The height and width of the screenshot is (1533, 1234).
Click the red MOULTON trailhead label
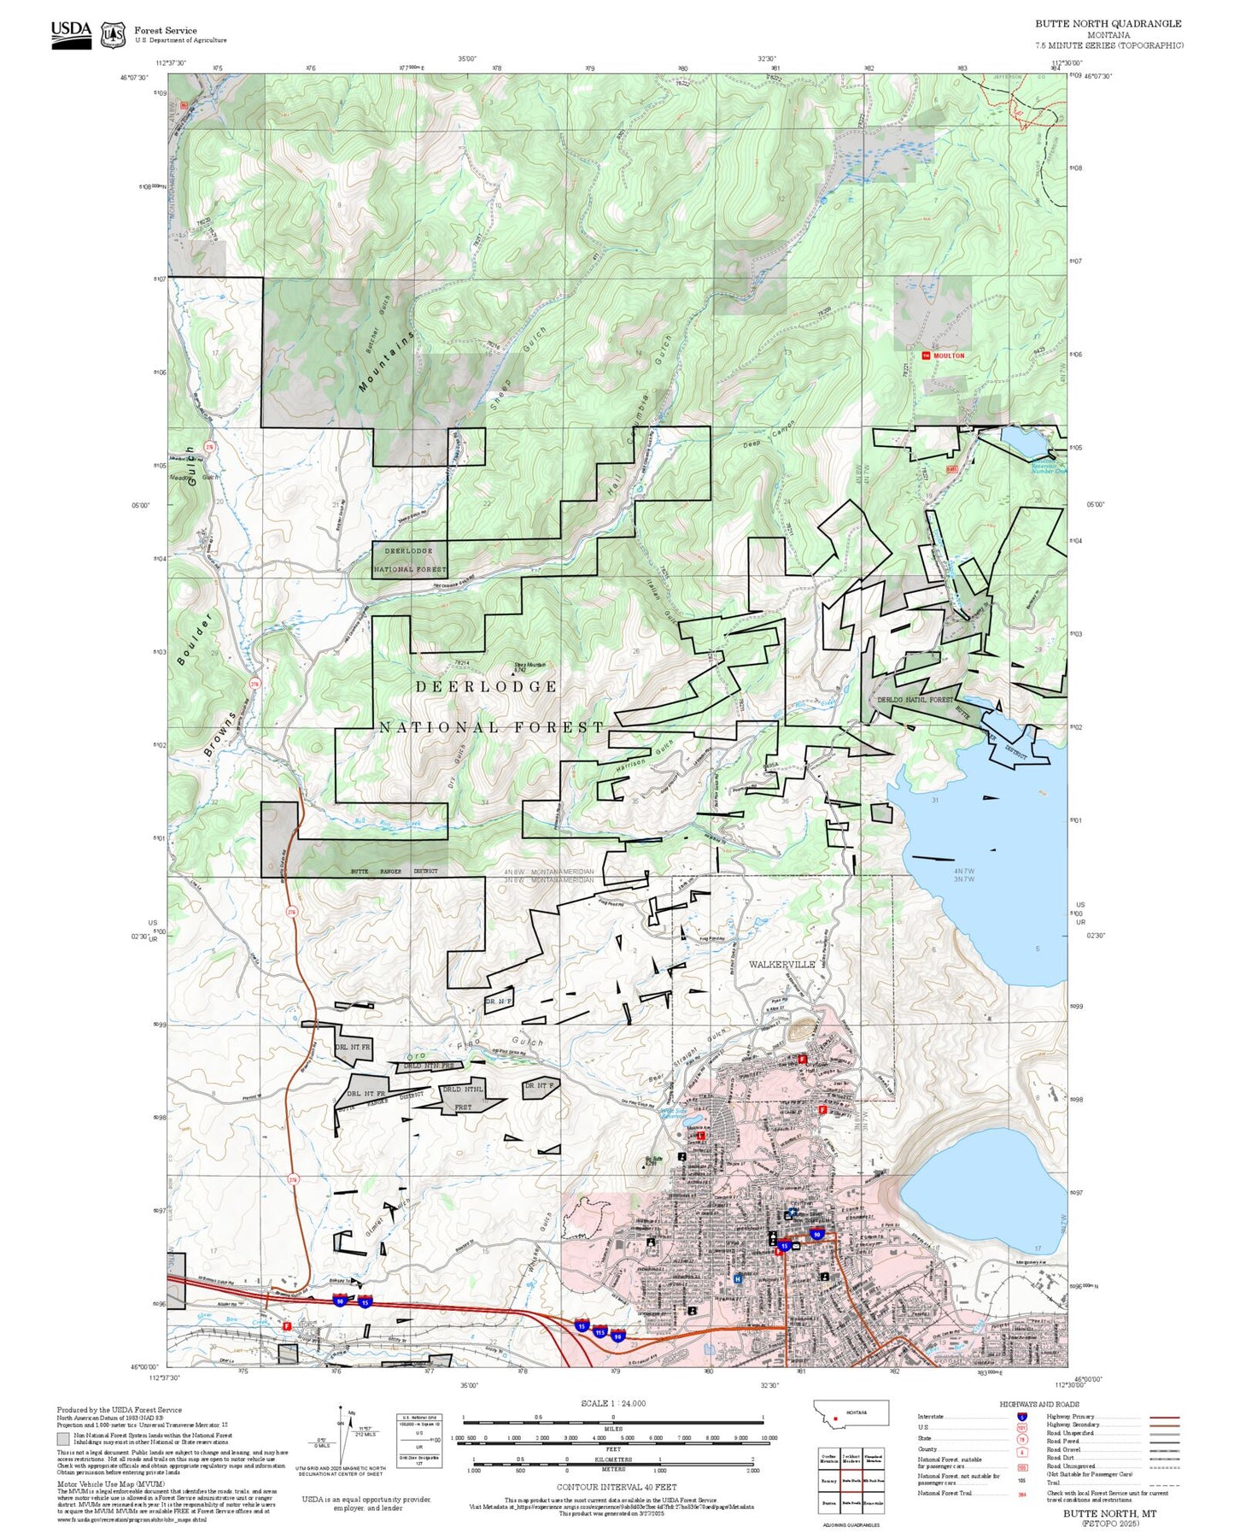click(x=948, y=355)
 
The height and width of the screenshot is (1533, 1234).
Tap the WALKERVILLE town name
click(x=781, y=964)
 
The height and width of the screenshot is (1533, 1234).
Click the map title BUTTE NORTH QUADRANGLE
click(x=1108, y=24)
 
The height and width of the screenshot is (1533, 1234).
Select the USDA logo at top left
click(x=71, y=33)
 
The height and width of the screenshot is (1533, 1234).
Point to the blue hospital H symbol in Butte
click(x=738, y=1279)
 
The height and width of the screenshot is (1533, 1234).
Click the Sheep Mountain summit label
click(x=529, y=667)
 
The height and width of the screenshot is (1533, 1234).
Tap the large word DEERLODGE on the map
click(x=487, y=687)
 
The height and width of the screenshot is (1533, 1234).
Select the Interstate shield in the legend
click(x=1022, y=1417)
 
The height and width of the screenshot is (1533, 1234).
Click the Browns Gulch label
click(x=219, y=734)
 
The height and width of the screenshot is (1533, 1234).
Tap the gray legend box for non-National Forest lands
click(x=63, y=1439)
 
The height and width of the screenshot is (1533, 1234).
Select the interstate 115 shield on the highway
click(x=599, y=1332)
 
